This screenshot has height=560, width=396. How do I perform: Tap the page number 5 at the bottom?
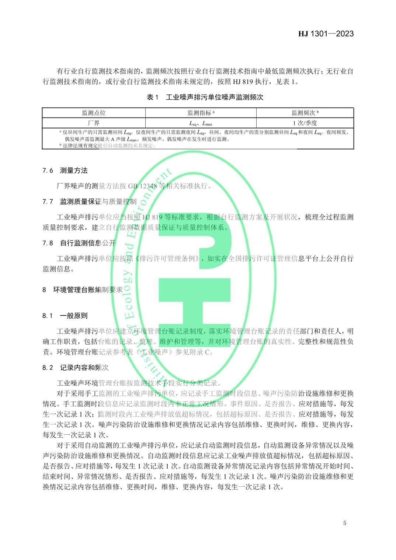344,523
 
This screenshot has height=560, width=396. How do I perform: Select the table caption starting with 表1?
205,97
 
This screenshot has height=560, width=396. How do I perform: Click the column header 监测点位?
94,113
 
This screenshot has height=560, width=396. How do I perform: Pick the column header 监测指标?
201,113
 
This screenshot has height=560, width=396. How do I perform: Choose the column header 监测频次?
305,113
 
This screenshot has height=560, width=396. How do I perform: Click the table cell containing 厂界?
94,123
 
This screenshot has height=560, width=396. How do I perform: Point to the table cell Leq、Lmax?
201,123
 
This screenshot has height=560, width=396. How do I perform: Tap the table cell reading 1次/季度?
305,123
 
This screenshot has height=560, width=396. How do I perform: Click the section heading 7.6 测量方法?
65,171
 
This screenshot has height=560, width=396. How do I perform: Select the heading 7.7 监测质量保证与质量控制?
90,202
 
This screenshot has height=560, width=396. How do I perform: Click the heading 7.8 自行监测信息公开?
79,243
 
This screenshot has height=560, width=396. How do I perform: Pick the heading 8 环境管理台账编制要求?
82,290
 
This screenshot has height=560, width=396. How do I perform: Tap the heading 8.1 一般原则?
65,316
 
